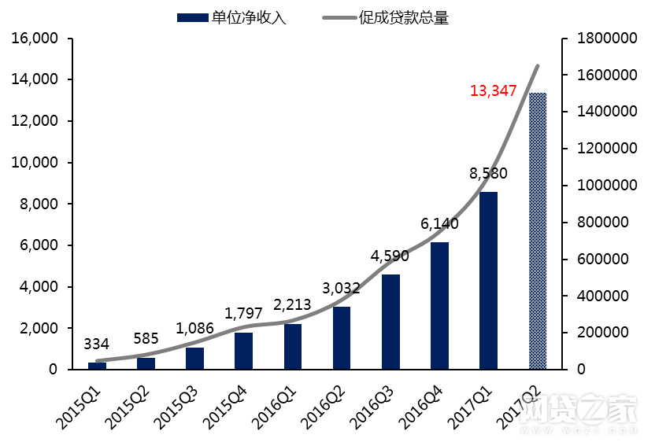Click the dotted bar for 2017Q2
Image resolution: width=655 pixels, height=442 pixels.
point(538,230)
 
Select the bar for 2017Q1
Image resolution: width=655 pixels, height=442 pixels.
point(489,280)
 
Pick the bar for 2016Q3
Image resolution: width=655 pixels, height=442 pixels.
point(390,322)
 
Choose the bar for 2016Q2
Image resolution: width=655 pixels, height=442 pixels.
point(342,337)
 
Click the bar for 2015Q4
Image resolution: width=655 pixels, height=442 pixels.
point(243,351)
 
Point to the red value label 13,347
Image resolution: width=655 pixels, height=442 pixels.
point(493,90)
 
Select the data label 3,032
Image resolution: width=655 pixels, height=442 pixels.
point(340,288)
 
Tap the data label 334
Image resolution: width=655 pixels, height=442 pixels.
point(96,344)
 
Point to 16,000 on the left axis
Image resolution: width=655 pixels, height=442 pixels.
point(36,39)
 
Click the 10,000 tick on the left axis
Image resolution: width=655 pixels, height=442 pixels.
point(36,163)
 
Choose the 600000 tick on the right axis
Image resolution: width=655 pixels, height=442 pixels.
point(605,259)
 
